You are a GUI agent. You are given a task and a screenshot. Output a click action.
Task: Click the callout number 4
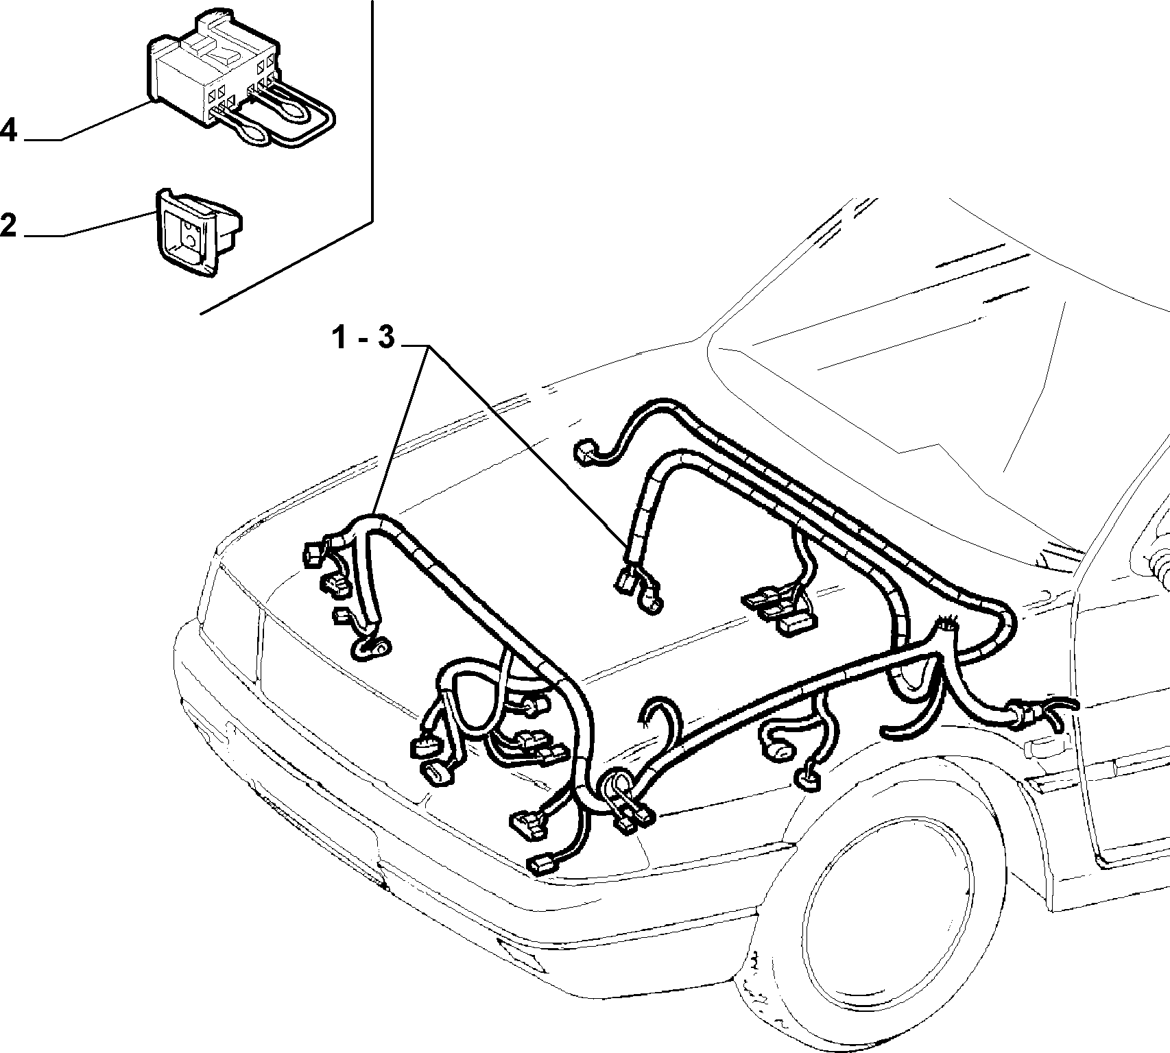click(8, 130)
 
